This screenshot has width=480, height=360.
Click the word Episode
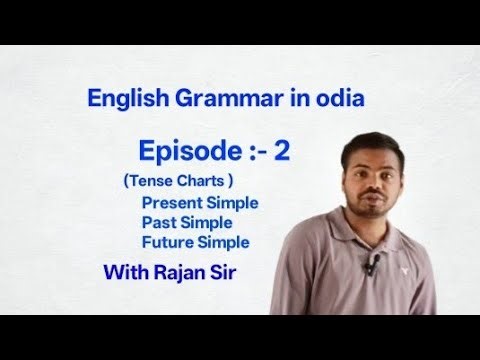184,152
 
